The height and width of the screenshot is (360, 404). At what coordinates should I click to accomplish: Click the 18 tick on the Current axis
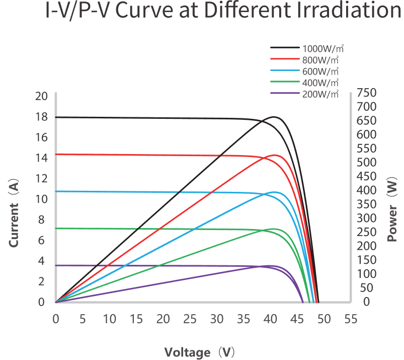tap(42, 117)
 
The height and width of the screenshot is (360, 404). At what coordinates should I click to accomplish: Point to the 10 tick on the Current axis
tap(42, 199)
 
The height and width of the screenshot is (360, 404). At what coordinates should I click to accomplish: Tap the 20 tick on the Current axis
tap(42, 96)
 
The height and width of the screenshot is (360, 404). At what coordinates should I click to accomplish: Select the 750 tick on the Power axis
tap(366, 93)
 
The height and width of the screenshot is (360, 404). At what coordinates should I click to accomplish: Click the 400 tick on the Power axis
tap(366, 190)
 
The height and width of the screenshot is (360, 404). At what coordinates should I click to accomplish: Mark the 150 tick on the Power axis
tap(366, 260)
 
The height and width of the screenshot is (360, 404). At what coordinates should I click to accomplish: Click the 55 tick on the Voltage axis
tap(351, 319)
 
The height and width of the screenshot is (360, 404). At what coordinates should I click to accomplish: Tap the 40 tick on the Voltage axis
tap(271, 319)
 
